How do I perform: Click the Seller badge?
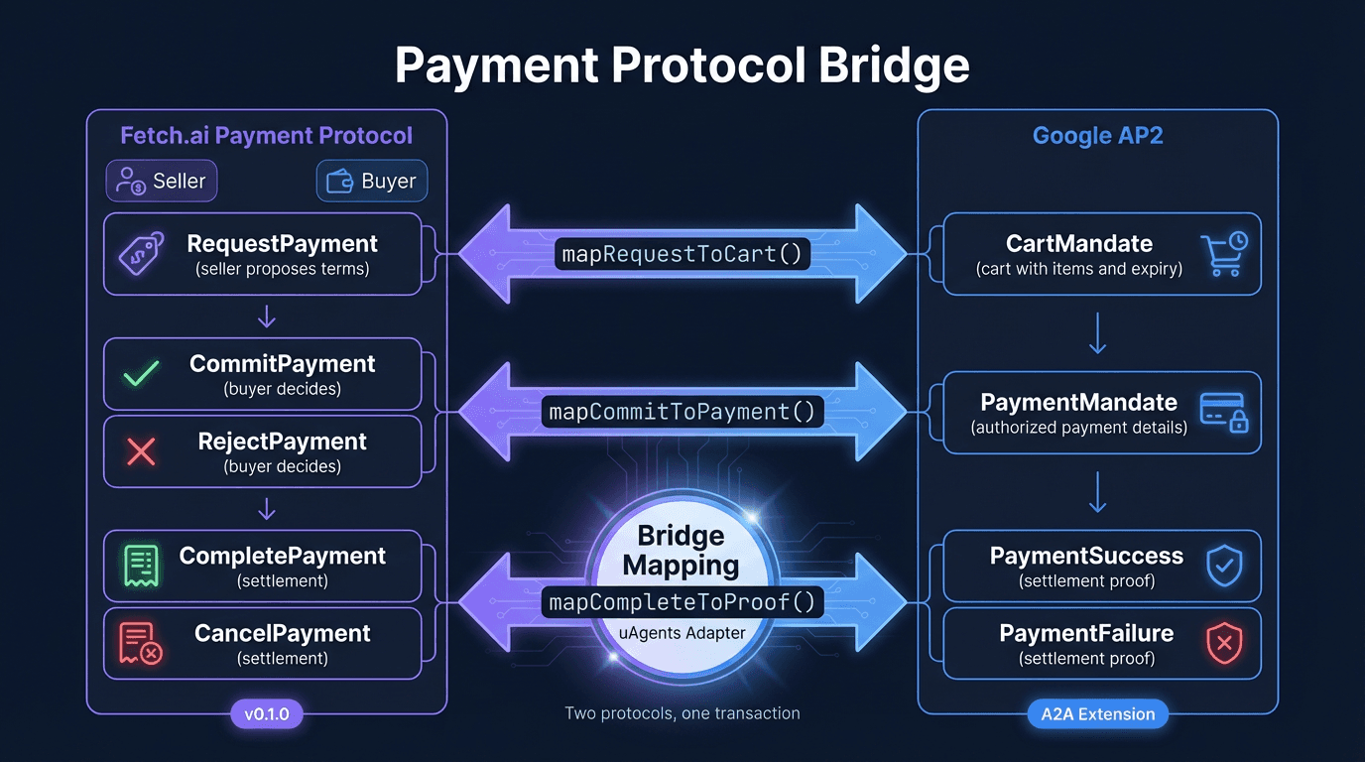[161, 182]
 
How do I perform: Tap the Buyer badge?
[372, 182]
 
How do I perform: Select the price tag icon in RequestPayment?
[142, 254]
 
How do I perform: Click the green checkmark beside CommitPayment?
[141, 374]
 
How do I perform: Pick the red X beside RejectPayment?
[141, 452]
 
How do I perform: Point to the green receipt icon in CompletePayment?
[142, 566]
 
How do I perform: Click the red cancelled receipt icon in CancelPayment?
[141, 643]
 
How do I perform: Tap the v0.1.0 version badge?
[266, 713]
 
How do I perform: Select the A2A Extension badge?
[1097, 713]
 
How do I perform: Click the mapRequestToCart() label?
[682, 254]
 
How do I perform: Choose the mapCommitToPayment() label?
[682, 412]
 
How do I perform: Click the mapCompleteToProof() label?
[682, 601]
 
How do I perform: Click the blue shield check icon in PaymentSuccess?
[1223, 566]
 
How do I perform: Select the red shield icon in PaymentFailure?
[1223, 643]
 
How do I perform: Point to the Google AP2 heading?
[1097, 136]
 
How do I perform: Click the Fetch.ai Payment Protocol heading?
[266, 136]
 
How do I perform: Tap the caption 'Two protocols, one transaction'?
[682, 713]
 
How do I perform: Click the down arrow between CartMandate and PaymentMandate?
[1097, 333]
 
